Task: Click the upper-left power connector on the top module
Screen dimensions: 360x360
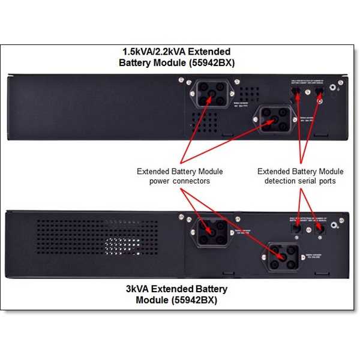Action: (x=209, y=95)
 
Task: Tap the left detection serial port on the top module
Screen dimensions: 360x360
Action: (x=295, y=92)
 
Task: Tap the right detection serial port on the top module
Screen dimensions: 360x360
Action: (x=318, y=92)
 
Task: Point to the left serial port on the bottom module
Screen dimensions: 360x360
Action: (x=296, y=228)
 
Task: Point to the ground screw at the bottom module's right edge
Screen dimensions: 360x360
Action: (x=339, y=226)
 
